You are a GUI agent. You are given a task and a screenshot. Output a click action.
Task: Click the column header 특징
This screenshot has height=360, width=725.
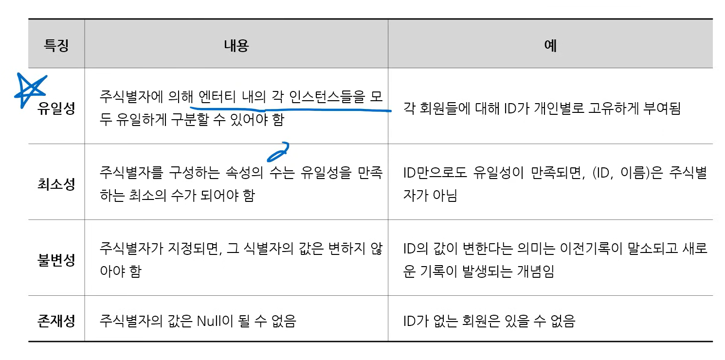point(56,46)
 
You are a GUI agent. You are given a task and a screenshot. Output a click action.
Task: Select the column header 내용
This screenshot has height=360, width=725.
point(236,46)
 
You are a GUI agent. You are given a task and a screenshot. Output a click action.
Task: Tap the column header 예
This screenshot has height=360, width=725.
point(550,46)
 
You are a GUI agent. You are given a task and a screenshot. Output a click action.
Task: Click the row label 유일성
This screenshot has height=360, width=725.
point(56,108)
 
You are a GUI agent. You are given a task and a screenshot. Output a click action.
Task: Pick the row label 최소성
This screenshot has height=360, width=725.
point(56,184)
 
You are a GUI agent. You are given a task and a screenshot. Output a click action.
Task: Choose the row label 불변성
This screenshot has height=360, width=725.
point(56,260)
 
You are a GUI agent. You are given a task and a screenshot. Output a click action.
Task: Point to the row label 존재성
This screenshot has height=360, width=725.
point(56,321)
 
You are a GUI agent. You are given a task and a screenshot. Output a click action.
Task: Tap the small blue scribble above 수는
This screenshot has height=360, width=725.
point(277,152)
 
